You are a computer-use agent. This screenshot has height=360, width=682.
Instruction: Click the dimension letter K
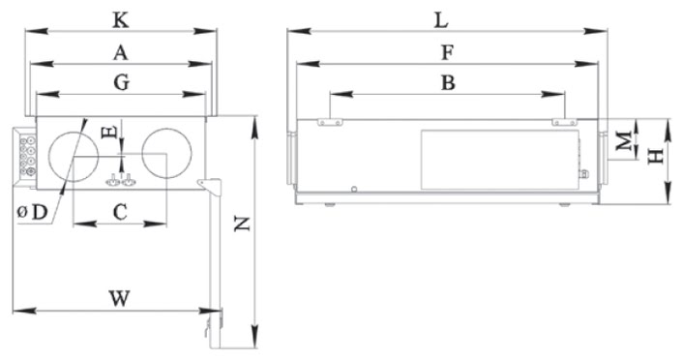pyautogui.click(x=121, y=20)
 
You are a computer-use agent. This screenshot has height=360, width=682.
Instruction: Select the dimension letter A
pyautogui.click(x=121, y=53)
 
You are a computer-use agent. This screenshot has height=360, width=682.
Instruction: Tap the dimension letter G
pyautogui.click(x=121, y=82)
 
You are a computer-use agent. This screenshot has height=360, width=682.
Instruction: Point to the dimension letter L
pyautogui.click(x=441, y=20)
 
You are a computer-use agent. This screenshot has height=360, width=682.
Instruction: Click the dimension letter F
pyautogui.click(x=448, y=52)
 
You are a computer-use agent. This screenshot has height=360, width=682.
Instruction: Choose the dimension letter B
pyautogui.click(x=448, y=82)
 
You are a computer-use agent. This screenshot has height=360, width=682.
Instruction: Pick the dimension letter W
pyautogui.click(x=119, y=299)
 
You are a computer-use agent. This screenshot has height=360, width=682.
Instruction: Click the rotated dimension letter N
pyautogui.click(x=242, y=224)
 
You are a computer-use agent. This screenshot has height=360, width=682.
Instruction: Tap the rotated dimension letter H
pyautogui.click(x=656, y=156)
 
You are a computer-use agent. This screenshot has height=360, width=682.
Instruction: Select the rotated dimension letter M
pyautogui.click(x=625, y=141)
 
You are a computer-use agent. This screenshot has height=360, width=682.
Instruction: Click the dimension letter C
pyautogui.click(x=120, y=213)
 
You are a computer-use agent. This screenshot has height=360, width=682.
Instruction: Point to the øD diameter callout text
pyautogui.click(x=32, y=213)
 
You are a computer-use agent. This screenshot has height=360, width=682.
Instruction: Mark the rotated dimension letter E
pyautogui.click(x=108, y=132)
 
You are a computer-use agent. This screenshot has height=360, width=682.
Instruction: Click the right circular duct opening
pyautogui.click(x=166, y=153)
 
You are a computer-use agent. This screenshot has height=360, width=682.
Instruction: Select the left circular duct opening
pyautogui.click(x=74, y=156)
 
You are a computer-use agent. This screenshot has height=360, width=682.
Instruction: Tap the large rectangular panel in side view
pyautogui.click(x=500, y=160)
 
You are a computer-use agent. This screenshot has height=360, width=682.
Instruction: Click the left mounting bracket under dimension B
pyautogui.click(x=330, y=122)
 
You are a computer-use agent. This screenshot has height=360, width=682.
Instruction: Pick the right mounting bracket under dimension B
pyautogui.click(x=565, y=122)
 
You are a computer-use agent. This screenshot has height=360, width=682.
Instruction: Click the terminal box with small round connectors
pyautogui.click(x=25, y=157)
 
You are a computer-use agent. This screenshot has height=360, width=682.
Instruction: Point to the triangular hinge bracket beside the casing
pyautogui.click(x=210, y=186)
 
